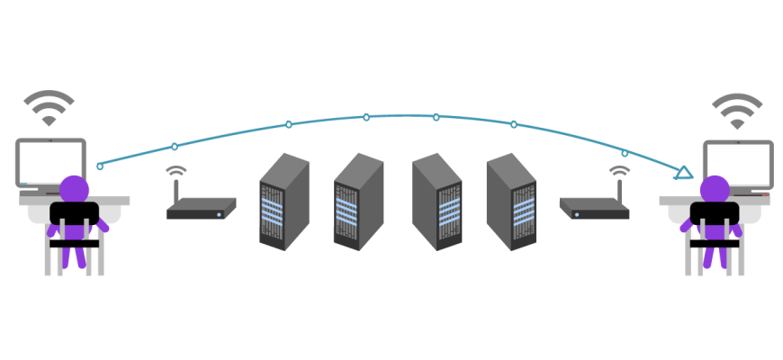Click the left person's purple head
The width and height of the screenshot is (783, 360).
(75, 188)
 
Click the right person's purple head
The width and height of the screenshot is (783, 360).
(714, 188)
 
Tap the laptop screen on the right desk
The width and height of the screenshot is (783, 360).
(738, 162)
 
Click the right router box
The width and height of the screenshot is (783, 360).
(594, 209)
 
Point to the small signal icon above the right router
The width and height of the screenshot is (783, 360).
(619, 170)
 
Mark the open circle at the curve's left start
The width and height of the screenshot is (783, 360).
(100, 166)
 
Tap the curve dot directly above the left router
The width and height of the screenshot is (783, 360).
(175, 146)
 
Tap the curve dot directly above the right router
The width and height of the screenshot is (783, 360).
(625, 153)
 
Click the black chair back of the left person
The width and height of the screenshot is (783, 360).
(74, 216)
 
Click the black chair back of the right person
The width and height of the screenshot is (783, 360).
(715, 216)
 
